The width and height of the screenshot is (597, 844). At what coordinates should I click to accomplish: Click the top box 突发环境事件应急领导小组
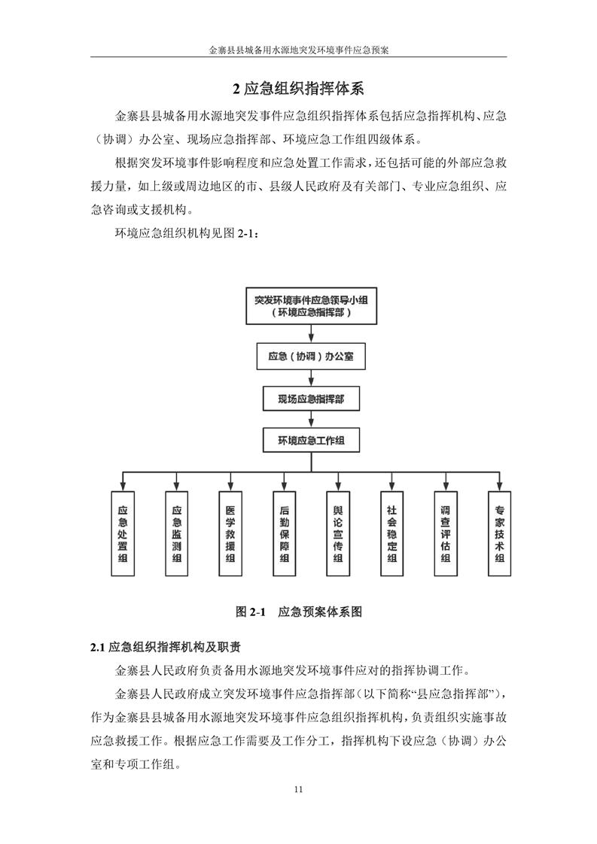pos(311,305)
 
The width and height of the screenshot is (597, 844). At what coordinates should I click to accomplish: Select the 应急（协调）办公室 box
pos(311,357)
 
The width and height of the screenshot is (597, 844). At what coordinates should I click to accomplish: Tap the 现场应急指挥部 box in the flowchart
pos(311,399)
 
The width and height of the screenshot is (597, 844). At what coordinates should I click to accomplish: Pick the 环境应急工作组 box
pos(311,441)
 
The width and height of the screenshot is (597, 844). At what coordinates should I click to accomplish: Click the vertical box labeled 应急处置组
pos(123,533)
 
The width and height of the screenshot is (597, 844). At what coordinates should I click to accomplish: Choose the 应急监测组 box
pos(177,533)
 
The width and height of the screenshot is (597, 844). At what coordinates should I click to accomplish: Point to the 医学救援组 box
pos(230,533)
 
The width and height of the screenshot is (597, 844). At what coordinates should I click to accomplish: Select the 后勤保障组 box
pos(285,533)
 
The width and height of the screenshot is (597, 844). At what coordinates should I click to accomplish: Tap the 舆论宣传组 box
pos(338,533)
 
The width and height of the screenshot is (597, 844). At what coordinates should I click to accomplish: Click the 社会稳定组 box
pos(391,533)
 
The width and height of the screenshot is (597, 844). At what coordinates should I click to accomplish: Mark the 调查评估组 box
pos(446,533)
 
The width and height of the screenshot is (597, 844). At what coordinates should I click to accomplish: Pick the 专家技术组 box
pos(499,533)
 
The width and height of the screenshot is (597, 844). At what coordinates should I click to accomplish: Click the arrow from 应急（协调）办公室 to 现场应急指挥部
pos(311,378)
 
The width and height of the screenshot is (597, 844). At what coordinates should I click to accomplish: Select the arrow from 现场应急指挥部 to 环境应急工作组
pos(311,420)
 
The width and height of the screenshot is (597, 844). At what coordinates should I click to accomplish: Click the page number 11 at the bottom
pos(298,789)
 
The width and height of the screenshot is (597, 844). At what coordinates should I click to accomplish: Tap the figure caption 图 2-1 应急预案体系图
pos(298,612)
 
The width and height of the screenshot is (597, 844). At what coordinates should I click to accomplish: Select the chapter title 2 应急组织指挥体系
pos(298,89)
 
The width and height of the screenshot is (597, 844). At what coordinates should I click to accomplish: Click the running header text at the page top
pos(298,50)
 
